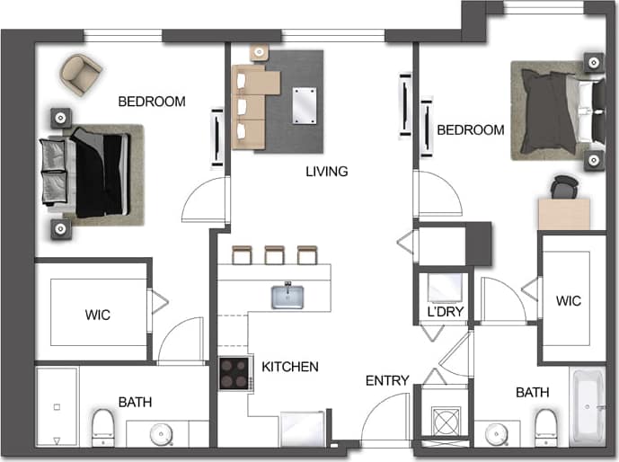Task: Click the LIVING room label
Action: tap(326, 171)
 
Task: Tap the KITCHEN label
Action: tap(290, 367)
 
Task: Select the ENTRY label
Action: tap(387, 380)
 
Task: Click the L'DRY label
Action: tap(444, 314)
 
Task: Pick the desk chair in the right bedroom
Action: tap(562, 187)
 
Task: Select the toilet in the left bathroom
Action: tap(103, 427)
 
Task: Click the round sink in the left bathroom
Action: tap(162, 433)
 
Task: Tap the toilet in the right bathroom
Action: tap(544, 426)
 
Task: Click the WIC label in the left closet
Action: tap(99, 315)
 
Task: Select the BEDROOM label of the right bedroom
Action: tap(471, 130)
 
